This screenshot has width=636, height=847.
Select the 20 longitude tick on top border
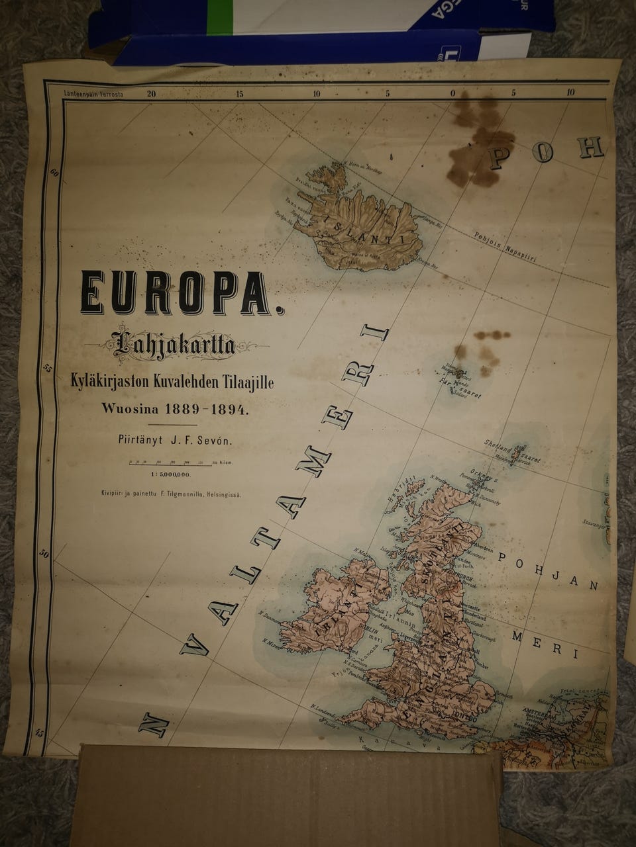pos(152,94)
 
